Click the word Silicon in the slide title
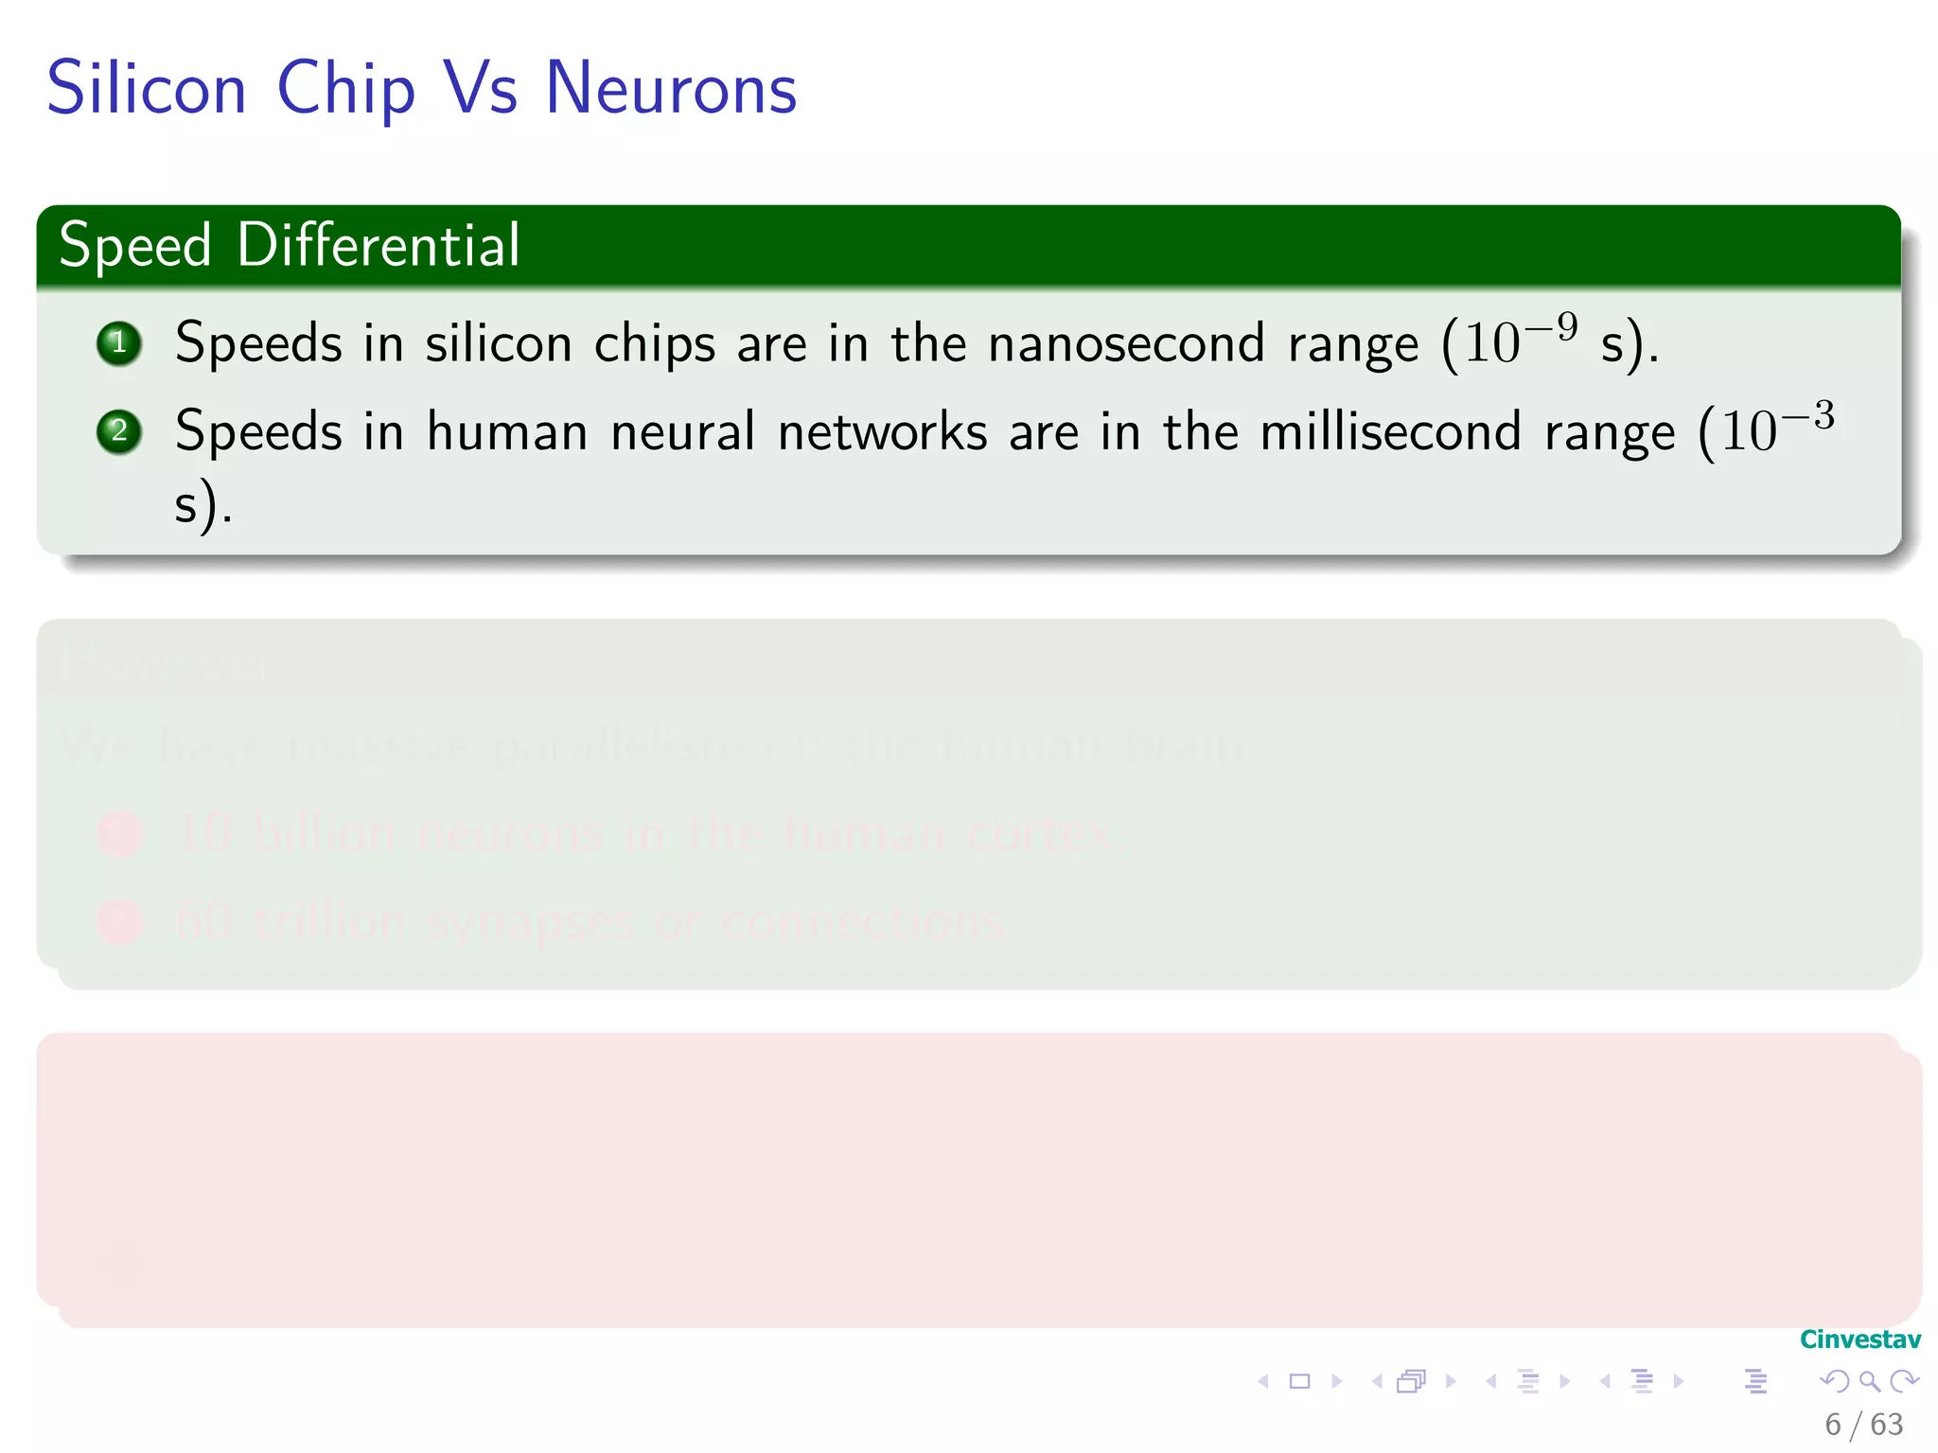click(147, 88)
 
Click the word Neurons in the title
click(671, 88)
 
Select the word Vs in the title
click(481, 88)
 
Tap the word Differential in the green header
click(379, 245)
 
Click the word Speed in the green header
click(135, 245)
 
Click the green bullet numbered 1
click(119, 342)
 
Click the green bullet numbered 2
click(119, 431)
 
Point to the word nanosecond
click(1126, 342)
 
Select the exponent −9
click(1552, 327)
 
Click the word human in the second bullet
click(507, 431)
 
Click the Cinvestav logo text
click(1859, 1339)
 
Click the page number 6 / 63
click(1863, 1424)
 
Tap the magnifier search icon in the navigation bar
click(1869, 1381)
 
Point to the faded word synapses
click(530, 922)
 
